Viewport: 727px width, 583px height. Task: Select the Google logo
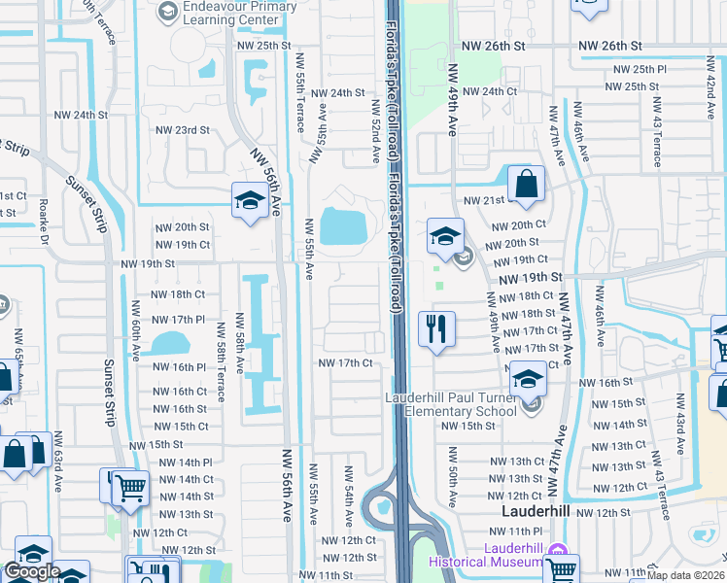click(x=32, y=571)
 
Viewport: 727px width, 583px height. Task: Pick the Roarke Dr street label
click(x=44, y=223)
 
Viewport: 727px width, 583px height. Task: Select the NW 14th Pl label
click(x=180, y=463)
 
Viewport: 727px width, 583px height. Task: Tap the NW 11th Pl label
click(x=515, y=532)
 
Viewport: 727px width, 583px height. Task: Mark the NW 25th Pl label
click(x=636, y=70)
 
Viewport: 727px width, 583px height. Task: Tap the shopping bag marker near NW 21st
click(x=525, y=185)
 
